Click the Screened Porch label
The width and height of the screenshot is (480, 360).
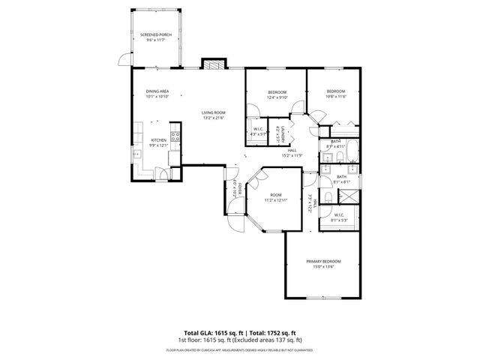point(154,35)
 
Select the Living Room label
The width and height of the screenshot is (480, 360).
point(213,112)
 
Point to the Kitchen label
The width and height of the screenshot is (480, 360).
point(158,140)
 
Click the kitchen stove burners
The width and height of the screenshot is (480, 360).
point(175,137)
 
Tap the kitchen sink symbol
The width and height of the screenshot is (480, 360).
point(138,154)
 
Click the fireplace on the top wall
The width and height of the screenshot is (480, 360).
point(213,64)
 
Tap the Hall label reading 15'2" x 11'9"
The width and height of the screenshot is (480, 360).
point(291,150)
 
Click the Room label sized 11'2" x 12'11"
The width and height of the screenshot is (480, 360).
point(275,194)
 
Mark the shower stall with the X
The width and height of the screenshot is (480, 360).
point(349,196)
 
